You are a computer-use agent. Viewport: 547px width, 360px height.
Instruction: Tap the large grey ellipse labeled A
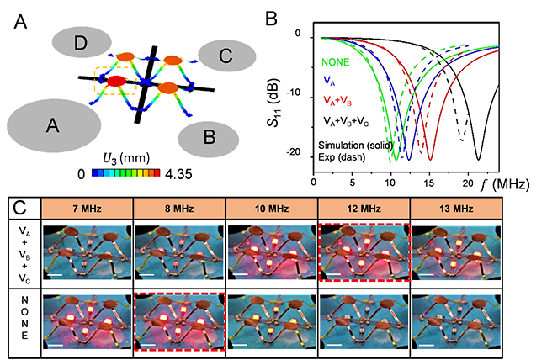pyautogui.click(x=53, y=125)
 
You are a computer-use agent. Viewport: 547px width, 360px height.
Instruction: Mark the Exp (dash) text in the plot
pyautogui.click(x=342, y=156)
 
